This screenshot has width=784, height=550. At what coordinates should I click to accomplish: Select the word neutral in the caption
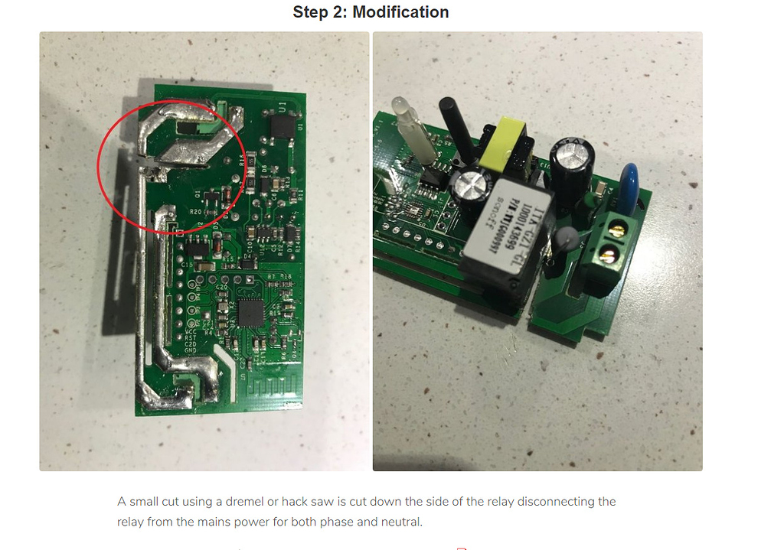tap(400, 522)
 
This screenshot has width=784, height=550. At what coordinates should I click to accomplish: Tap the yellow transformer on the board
tap(505, 141)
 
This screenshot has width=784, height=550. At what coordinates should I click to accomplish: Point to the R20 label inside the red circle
tap(195, 211)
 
